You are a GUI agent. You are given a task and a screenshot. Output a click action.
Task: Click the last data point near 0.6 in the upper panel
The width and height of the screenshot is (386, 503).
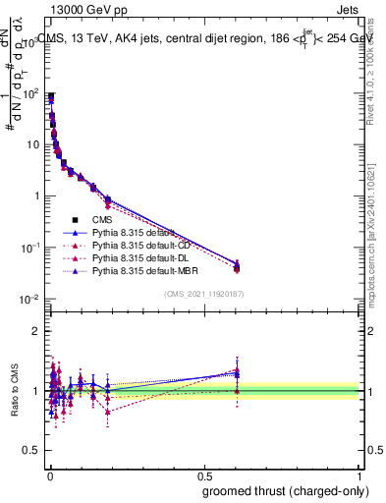pyautogui.click(x=237, y=265)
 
